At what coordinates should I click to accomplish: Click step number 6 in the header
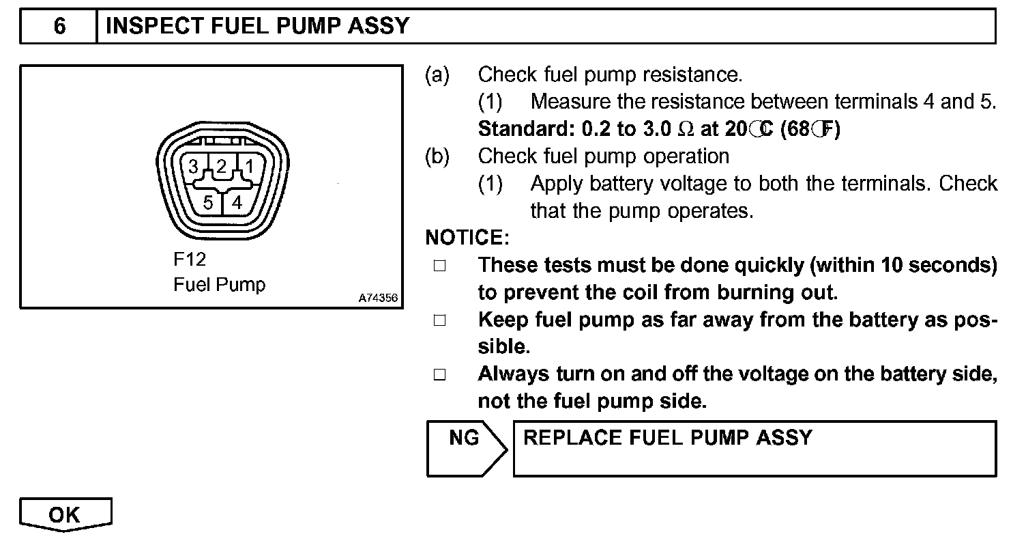coord(59,27)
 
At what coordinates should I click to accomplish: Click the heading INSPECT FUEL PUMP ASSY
coord(258,27)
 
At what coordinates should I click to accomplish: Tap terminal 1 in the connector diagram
coord(249,167)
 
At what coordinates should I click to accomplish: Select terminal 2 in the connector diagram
coord(222,167)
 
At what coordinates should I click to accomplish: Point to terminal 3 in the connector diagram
coord(194,167)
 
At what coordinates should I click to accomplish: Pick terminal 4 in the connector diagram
coord(237,202)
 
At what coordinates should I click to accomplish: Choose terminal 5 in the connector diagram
coord(209,202)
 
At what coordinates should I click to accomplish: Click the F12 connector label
coord(189,260)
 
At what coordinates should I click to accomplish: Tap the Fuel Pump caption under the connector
coord(219,284)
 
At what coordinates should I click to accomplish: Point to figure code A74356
coord(378,298)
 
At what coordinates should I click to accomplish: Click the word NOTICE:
coord(467,238)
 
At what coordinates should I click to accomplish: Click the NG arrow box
coord(465,447)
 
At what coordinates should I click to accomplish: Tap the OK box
coord(65,515)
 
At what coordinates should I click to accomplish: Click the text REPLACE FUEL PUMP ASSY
coord(667,438)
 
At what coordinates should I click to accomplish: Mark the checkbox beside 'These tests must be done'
coord(439,266)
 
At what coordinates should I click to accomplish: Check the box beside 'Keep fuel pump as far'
coord(439,320)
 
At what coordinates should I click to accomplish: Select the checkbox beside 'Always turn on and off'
coord(439,375)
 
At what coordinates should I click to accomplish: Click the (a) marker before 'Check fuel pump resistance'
coord(437,74)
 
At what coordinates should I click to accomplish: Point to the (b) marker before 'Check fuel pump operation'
coord(437,156)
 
